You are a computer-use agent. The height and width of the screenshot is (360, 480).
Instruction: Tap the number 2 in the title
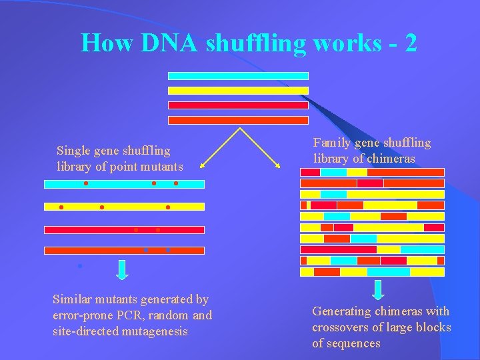pyautogui.click(x=411, y=43)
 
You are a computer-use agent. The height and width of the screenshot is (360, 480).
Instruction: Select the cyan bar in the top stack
pyautogui.click(x=238, y=76)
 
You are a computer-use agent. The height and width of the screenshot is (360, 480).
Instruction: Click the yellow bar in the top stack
pyautogui.click(x=238, y=90)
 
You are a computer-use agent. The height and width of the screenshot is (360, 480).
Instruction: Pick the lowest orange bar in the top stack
pyautogui.click(x=238, y=121)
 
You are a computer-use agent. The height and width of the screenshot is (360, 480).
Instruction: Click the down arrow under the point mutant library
pyautogui.click(x=122, y=269)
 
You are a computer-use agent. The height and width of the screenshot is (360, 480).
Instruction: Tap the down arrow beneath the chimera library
pyautogui.click(x=378, y=290)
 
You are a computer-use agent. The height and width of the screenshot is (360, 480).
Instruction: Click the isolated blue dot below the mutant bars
pyautogui.click(x=79, y=266)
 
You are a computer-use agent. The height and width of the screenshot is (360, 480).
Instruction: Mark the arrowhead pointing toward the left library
pyautogui.click(x=203, y=163)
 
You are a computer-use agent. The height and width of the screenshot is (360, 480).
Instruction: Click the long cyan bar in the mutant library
pyautogui.click(x=124, y=184)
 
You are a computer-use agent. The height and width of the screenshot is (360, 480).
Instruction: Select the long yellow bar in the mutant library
pyautogui.click(x=124, y=207)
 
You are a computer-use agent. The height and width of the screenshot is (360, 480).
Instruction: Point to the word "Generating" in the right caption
pyautogui.click(x=343, y=311)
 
